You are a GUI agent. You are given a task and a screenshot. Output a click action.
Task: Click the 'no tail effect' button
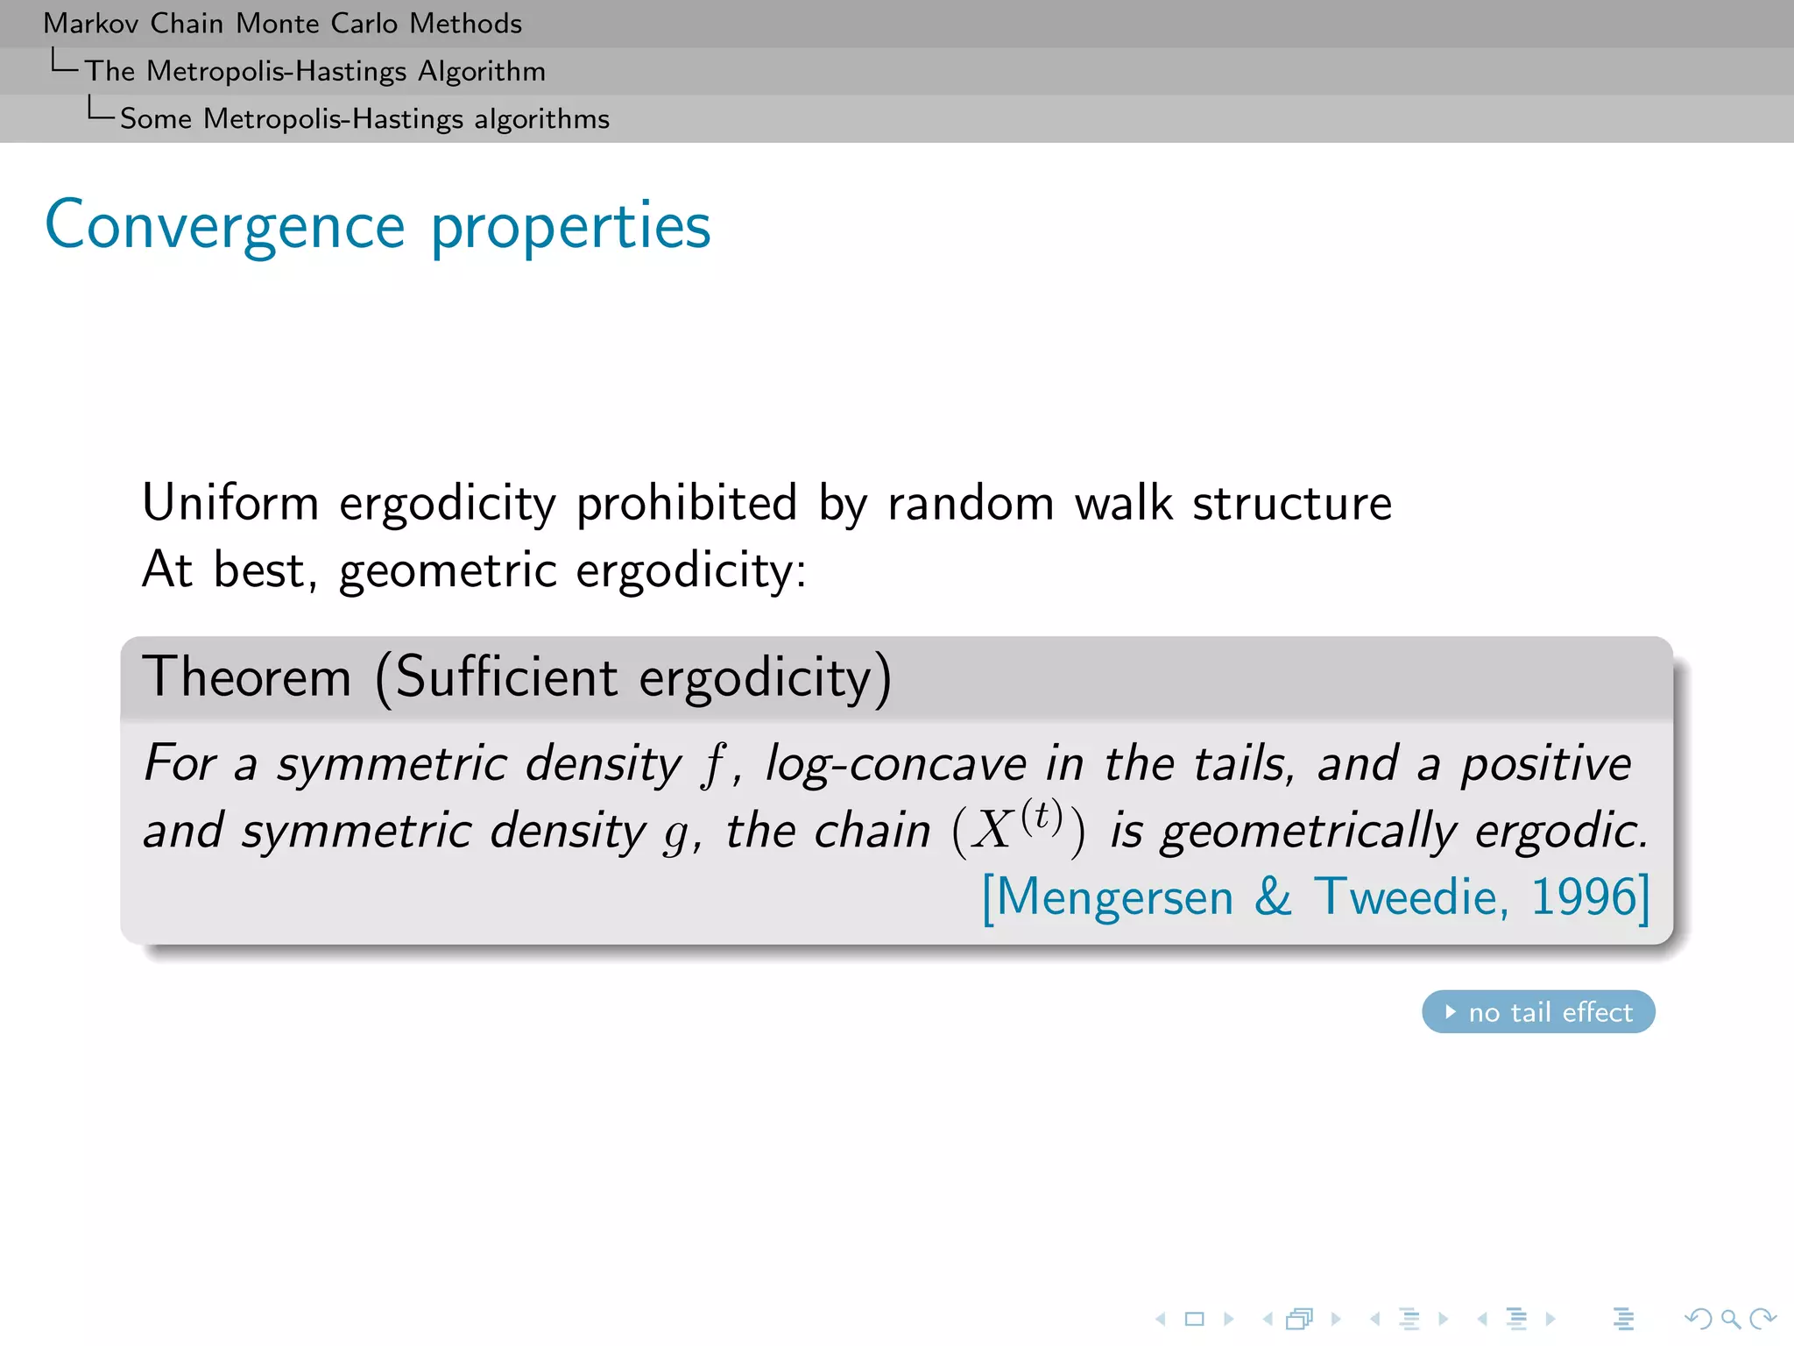[1538, 1012]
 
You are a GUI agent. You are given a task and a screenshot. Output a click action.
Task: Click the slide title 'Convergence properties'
[378, 226]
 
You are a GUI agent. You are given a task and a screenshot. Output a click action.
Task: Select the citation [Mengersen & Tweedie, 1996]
[1315, 897]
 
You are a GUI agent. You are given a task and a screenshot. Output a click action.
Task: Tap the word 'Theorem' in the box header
[247, 677]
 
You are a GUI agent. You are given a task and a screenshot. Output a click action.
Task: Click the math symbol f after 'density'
[713, 764]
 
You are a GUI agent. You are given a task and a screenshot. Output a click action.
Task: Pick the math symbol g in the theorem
[675, 832]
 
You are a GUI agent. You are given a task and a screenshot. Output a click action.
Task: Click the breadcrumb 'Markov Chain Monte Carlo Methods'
[282, 24]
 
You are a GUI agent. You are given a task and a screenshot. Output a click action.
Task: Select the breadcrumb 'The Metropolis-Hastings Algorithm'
[315, 71]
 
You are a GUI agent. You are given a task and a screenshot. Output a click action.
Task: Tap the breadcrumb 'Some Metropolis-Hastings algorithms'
[364, 118]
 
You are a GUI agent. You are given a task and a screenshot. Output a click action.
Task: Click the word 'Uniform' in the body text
[230, 503]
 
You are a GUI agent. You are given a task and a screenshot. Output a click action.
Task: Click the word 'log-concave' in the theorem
[895, 764]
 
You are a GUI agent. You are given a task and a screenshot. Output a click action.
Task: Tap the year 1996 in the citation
[1584, 897]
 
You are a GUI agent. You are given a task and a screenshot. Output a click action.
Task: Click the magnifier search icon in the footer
[1730, 1319]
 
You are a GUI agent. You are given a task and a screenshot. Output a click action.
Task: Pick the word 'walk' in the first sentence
[1123, 503]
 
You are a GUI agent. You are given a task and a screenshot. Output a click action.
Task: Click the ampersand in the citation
[1273, 897]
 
